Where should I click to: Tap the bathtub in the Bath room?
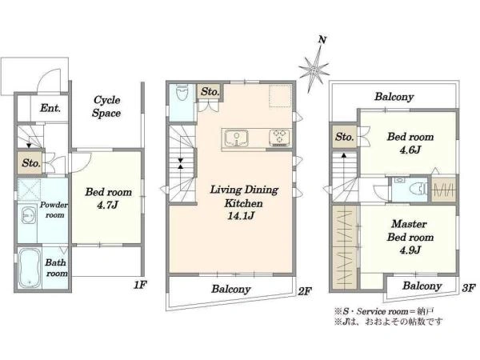point(29,268)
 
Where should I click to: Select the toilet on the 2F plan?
point(182,92)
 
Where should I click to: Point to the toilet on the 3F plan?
point(418,189)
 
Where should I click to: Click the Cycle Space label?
point(106,106)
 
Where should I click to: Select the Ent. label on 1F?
point(50,108)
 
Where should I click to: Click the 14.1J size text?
point(242,216)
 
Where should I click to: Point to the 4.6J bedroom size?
point(410,150)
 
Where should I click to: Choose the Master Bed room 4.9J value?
point(410,250)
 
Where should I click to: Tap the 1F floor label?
point(140,285)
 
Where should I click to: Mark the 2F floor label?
point(305,291)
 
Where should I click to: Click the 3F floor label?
point(468,288)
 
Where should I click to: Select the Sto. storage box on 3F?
point(344,137)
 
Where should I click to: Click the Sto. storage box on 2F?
point(210,91)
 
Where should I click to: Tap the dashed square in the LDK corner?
point(279,95)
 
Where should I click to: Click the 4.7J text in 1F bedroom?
point(107,205)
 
